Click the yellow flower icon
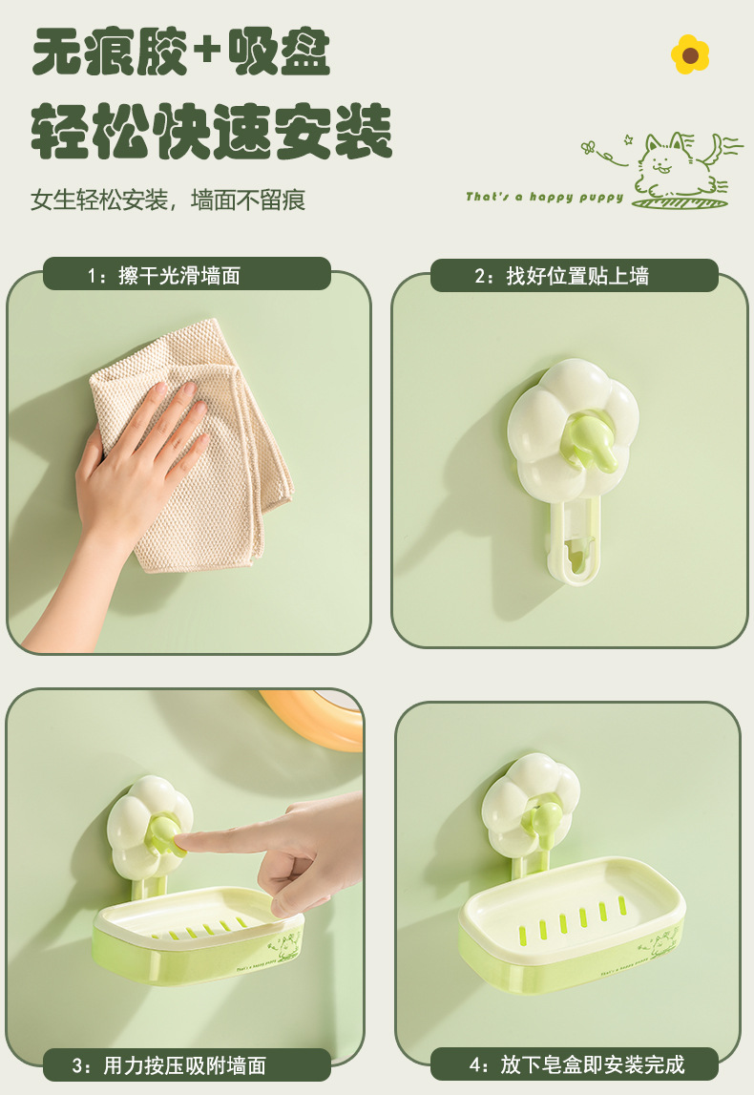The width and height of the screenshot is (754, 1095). click(x=690, y=54)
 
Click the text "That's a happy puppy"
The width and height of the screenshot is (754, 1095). click(x=545, y=197)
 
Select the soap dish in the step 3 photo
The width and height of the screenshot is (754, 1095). click(x=199, y=934)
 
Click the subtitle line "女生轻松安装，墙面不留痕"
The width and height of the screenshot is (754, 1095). click(x=168, y=200)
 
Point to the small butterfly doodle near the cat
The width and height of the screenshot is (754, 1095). click(x=589, y=147)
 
